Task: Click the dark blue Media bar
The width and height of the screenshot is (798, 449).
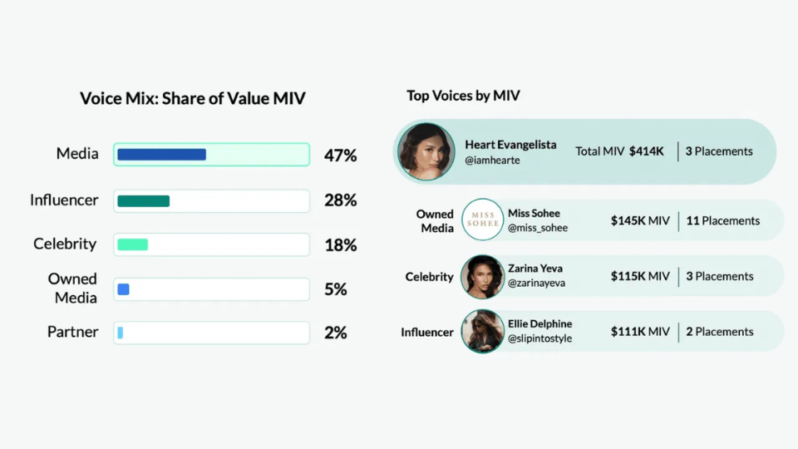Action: [161, 155]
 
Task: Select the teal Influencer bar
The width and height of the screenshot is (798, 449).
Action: [143, 200]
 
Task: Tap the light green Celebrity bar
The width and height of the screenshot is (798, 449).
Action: [132, 244]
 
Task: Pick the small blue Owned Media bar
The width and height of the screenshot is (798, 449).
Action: [123, 289]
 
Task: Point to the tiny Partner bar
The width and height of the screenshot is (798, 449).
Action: [121, 333]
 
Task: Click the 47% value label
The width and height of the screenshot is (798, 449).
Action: [340, 155]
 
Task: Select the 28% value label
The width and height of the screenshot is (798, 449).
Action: [340, 200]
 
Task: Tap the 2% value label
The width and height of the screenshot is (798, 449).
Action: [336, 333]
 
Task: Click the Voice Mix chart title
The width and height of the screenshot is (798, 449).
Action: [193, 98]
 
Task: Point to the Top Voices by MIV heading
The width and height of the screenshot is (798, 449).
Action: [463, 96]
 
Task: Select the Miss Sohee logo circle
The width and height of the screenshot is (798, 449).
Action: [482, 220]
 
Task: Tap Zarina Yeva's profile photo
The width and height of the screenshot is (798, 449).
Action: [482, 276]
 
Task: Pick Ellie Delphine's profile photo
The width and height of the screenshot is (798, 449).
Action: [482, 332]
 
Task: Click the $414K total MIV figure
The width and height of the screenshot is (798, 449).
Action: [647, 151]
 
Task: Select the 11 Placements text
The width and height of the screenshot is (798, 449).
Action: [722, 220]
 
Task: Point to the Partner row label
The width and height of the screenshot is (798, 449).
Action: [73, 332]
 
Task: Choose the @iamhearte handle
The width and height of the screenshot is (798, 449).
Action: [492, 160]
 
